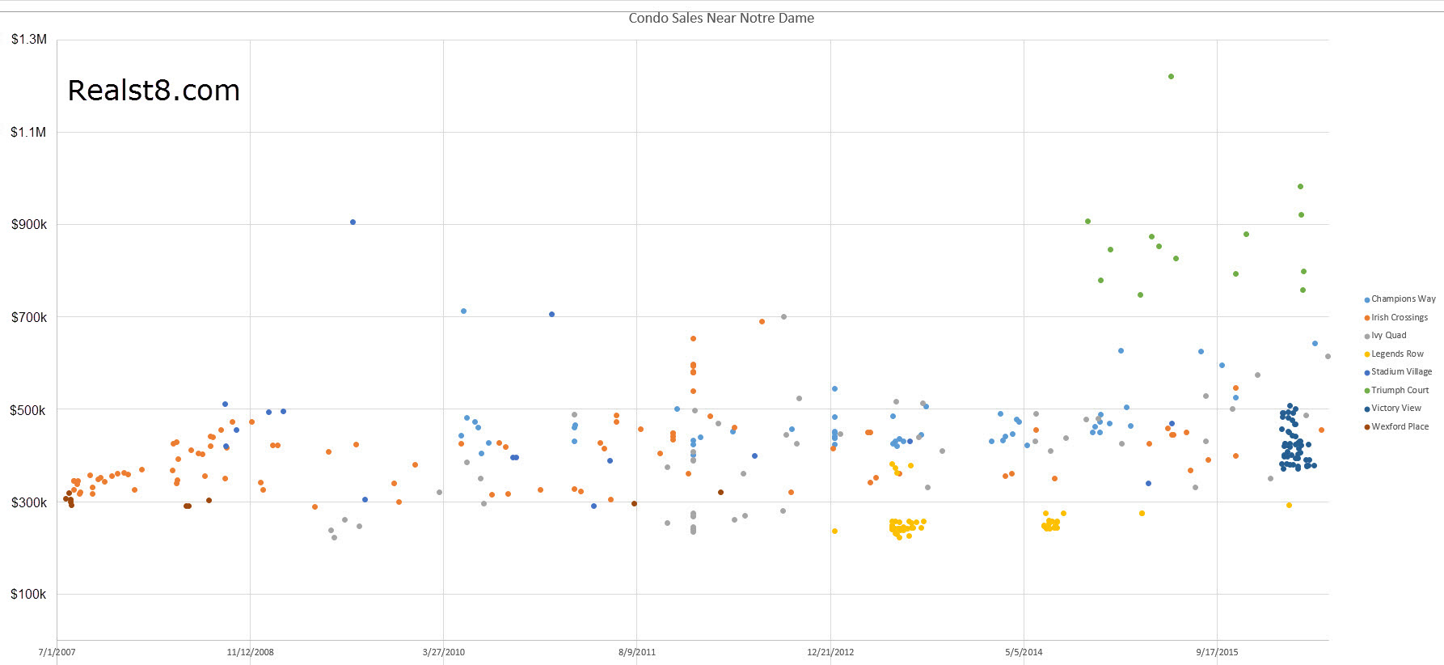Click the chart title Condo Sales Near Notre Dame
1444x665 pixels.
[721, 18]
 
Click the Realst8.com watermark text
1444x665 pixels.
[154, 91]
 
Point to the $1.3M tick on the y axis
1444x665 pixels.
[29, 40]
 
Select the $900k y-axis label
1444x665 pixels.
[29, 225]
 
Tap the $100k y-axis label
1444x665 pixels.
[29, 595]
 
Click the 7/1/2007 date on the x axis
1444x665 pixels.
[57, 652]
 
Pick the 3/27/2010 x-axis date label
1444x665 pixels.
[444, 652]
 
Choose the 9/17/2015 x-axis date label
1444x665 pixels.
[1217, 652]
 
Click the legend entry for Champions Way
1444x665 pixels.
[1403, 299]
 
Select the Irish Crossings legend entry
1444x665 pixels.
[1399, 318]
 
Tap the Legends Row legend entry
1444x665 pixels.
[1397, 354]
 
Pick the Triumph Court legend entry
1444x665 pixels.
[1400, 391]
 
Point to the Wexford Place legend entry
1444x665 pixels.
[1400, 427]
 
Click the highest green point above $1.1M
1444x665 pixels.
[1171, 77]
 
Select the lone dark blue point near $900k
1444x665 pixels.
[353, 222]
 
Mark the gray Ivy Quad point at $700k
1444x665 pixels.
[783, 316]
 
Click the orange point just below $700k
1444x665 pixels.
[762, 321]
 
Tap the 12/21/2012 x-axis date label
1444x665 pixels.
[830, 652]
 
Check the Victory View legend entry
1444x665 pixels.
[1395, 409]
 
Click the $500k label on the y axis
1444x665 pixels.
[28, 410]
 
